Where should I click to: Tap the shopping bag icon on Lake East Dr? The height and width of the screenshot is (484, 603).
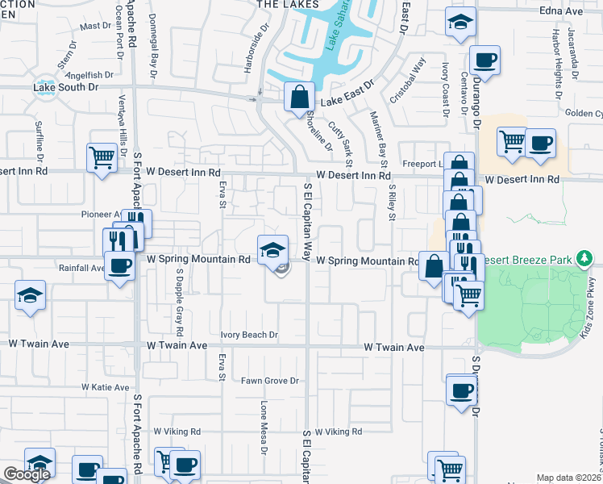tap(298, 97)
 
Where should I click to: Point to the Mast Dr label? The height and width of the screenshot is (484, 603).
tap(95, 26)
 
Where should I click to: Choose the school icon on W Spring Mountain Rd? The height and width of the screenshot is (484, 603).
tap(273, 248)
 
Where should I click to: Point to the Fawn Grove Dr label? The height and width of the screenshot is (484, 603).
tap(269, 380)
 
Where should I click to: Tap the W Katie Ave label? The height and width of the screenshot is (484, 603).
tap(105, 387)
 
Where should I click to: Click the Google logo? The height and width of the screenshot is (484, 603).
tap(27, 474)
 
